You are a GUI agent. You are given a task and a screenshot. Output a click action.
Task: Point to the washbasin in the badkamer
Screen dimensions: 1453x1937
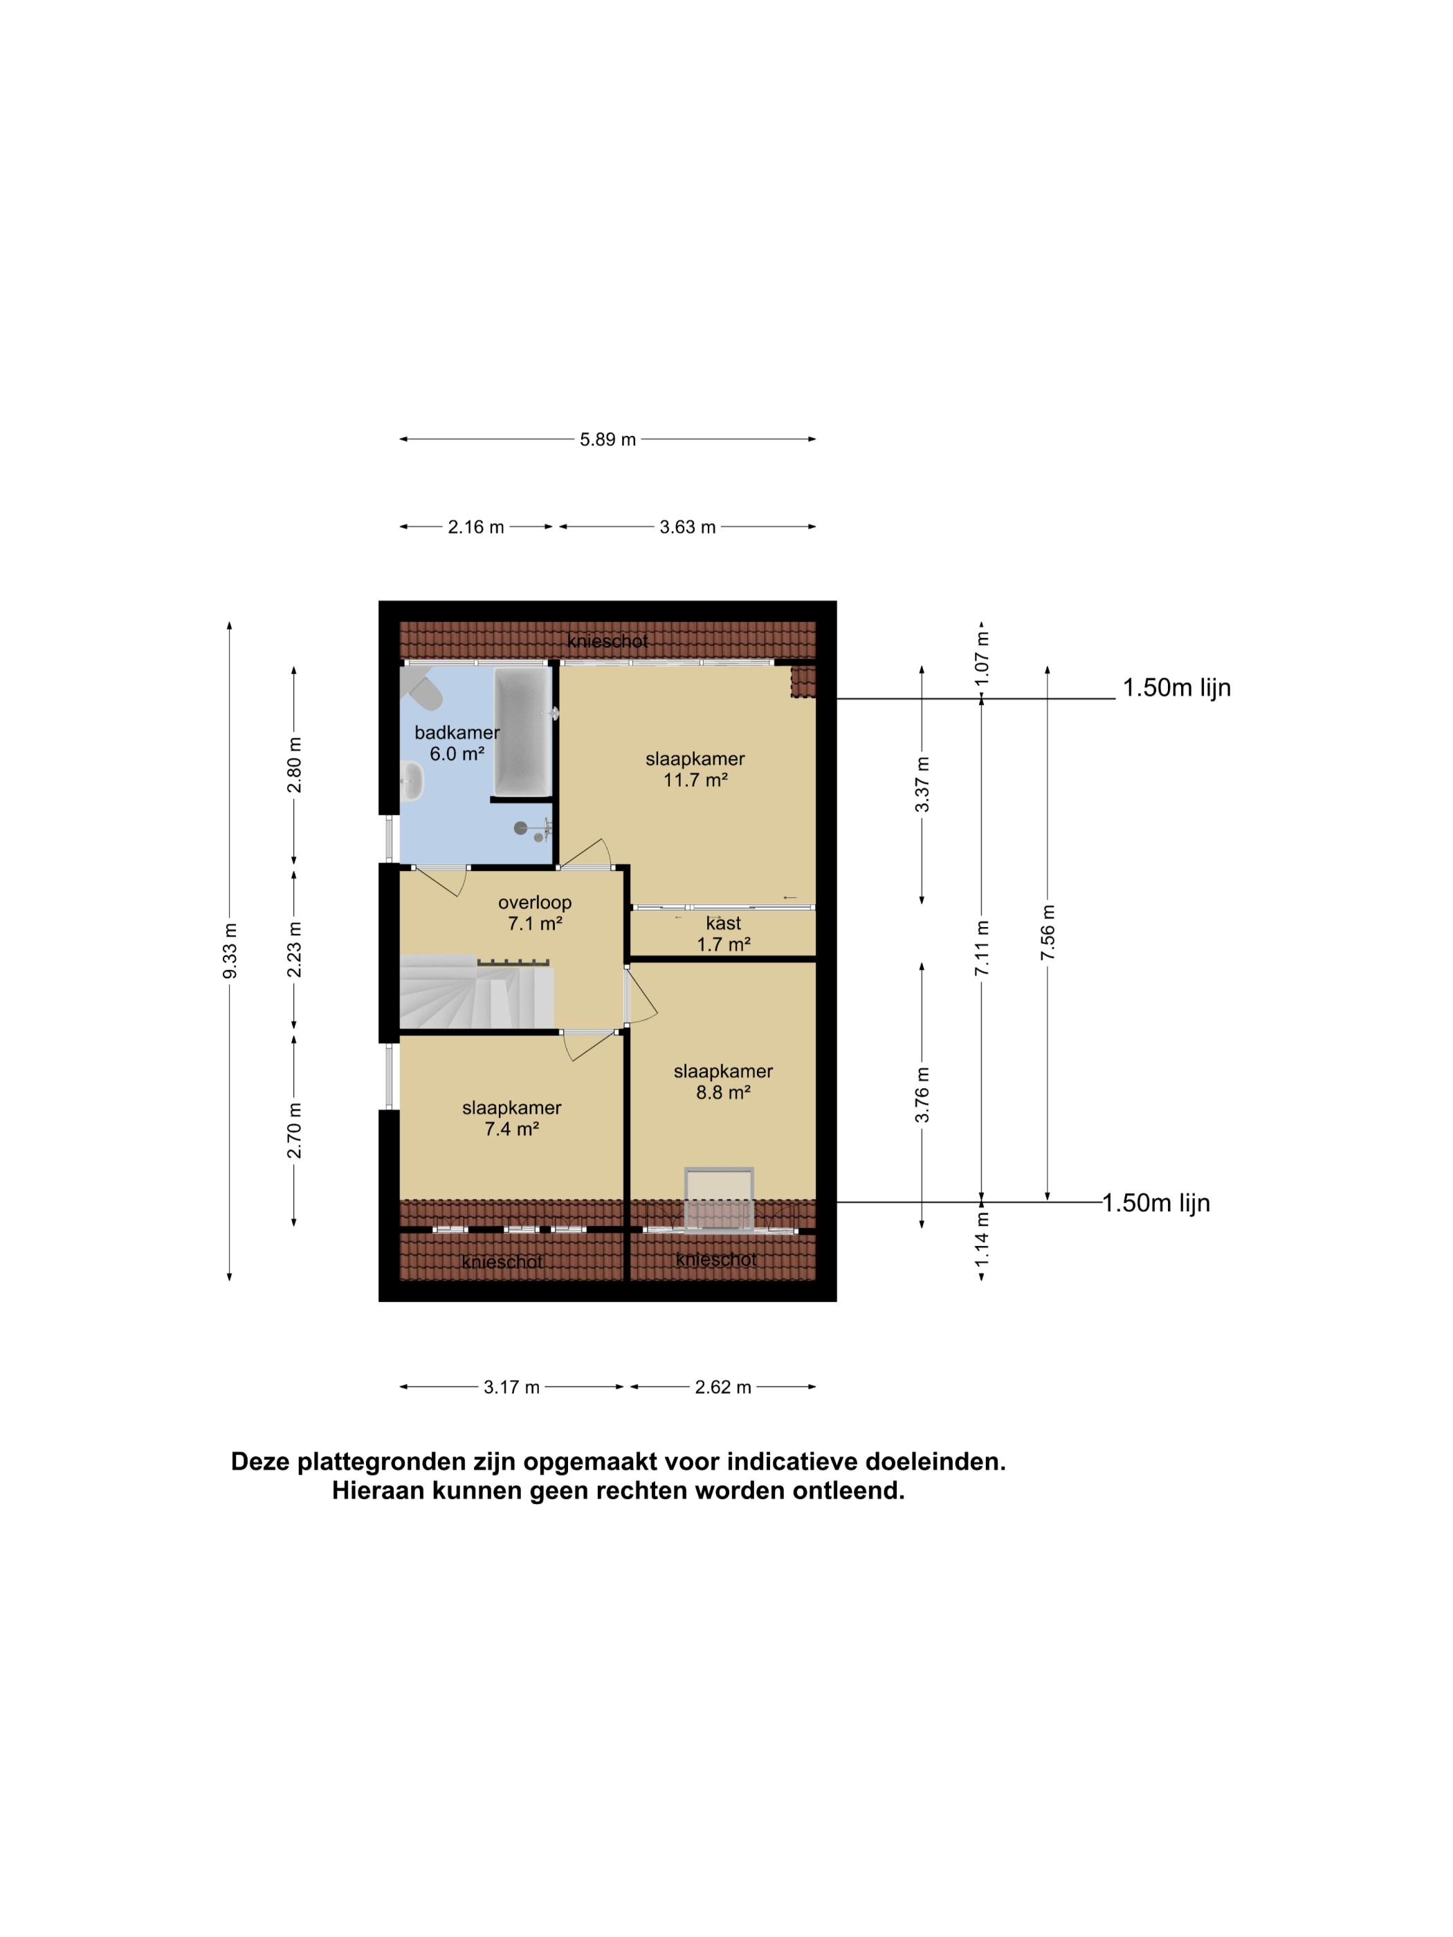tap(412, 780)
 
